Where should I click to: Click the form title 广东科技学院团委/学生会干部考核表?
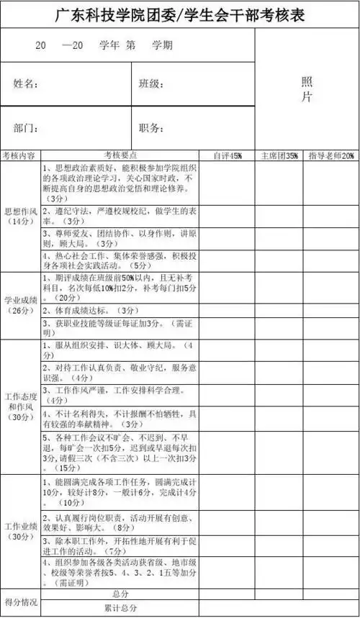179,14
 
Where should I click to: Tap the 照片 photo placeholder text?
306,89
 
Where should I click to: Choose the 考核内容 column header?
19,155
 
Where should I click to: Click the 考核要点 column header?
120,155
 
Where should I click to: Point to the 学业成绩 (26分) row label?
19,305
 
